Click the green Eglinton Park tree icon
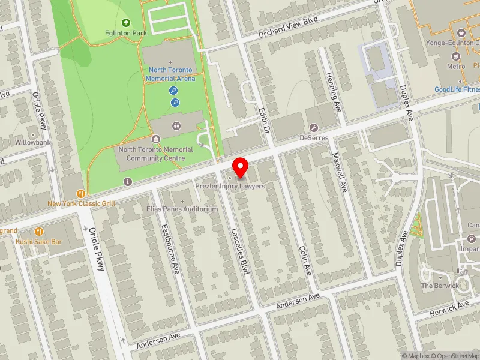coord(126,23)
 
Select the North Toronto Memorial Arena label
coord(172,74)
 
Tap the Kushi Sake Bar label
coord(40,241)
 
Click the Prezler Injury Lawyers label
coord(230,187)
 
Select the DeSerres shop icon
coord(314,127)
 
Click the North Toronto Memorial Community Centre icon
coord(156,139)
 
